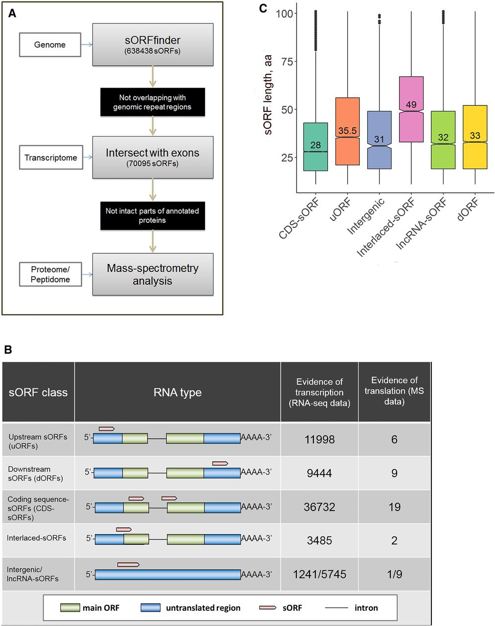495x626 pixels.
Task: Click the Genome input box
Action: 50,45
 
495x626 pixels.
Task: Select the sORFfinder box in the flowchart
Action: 153,45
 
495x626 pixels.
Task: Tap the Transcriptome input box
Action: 51,157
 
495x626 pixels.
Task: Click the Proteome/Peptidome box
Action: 50,274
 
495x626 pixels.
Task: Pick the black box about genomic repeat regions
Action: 152,102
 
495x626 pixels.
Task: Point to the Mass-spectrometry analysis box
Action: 153,274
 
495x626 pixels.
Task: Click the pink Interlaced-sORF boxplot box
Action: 411,109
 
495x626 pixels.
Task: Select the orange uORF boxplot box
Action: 348,131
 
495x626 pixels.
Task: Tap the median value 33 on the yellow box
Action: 475,135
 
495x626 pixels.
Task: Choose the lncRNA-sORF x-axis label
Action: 422,223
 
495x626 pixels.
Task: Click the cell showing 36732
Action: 319,507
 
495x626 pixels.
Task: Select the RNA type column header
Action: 177,392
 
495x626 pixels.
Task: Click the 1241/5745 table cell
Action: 319,574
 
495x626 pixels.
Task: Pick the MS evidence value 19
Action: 394,507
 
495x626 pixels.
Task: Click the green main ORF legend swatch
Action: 70,608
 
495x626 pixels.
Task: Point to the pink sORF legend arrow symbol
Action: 267,608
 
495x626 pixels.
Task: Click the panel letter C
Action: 263,8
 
